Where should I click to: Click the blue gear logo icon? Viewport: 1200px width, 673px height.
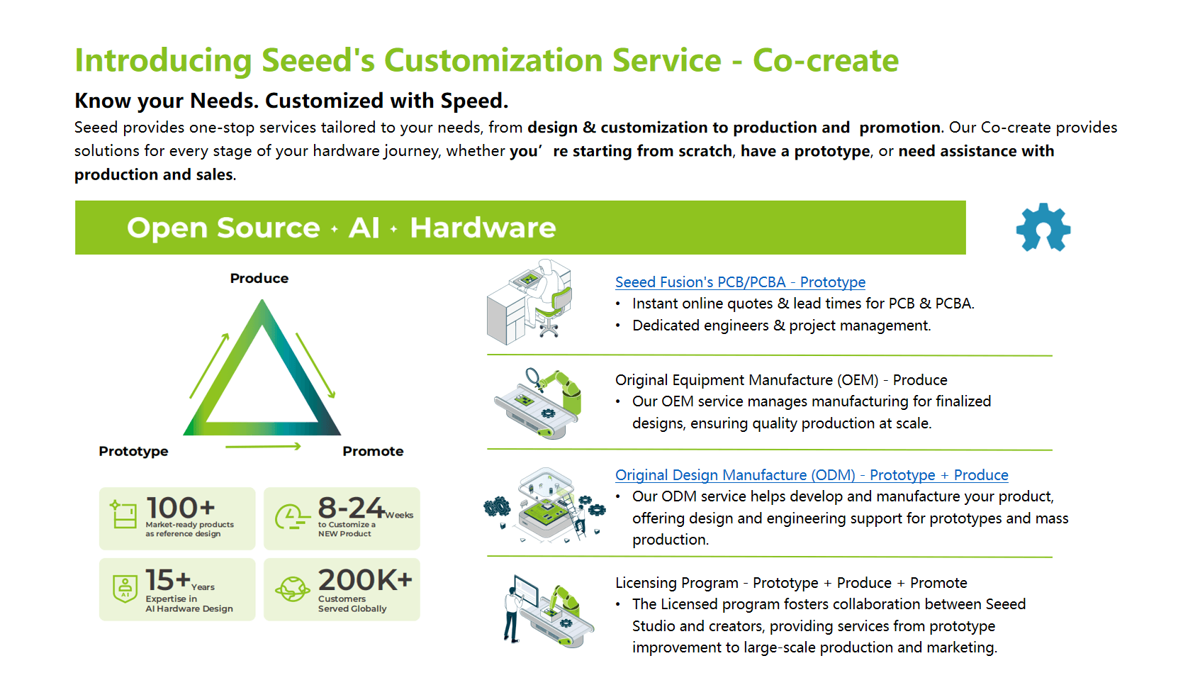tap(1043, 228)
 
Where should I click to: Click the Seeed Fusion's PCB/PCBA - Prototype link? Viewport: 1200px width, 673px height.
tap(740, 282)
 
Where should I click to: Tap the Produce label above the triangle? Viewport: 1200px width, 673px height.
tap(259, 279)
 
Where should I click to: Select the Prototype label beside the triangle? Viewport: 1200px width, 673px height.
tap(134, 452)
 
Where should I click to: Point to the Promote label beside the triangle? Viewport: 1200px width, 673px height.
tap(373, 452)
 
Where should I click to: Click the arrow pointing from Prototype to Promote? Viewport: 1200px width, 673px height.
tap(263, 447)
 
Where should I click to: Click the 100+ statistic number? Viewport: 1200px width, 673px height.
tap(180, 508)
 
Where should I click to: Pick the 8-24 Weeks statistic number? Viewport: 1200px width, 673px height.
tap(352, 508)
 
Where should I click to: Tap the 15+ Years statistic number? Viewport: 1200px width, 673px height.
tap(168, 580)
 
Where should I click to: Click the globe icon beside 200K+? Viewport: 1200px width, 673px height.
tap(293, 589)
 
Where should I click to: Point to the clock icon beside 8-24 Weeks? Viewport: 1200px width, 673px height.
tap(291, 517)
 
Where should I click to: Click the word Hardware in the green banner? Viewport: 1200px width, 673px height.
tap(483, 228)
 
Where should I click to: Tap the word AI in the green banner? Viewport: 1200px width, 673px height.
tap(364, 228)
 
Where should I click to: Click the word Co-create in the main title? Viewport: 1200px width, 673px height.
tap(826, 61)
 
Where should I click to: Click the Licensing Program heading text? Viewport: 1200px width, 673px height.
tap(677, 583)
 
